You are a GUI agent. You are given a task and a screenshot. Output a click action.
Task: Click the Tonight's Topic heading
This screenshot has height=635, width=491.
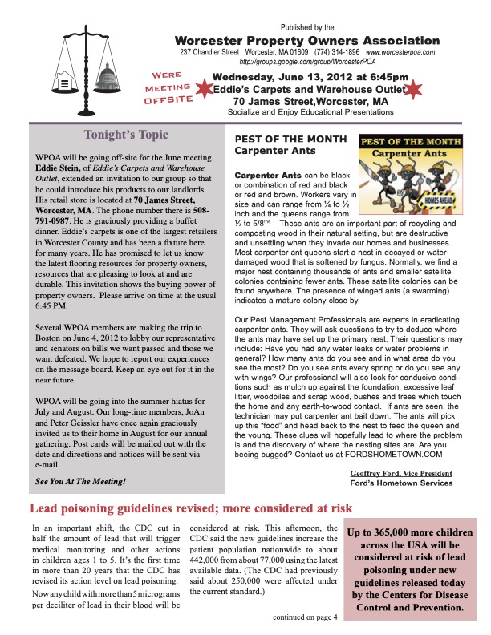point(128,135)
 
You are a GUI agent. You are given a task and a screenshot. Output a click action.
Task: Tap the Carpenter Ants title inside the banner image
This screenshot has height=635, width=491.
point(415,152)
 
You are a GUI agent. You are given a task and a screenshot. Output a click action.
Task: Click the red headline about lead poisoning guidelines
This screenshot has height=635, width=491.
point(191,508)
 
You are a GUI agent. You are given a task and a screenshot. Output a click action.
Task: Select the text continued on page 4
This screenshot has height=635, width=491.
point(306,617)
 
